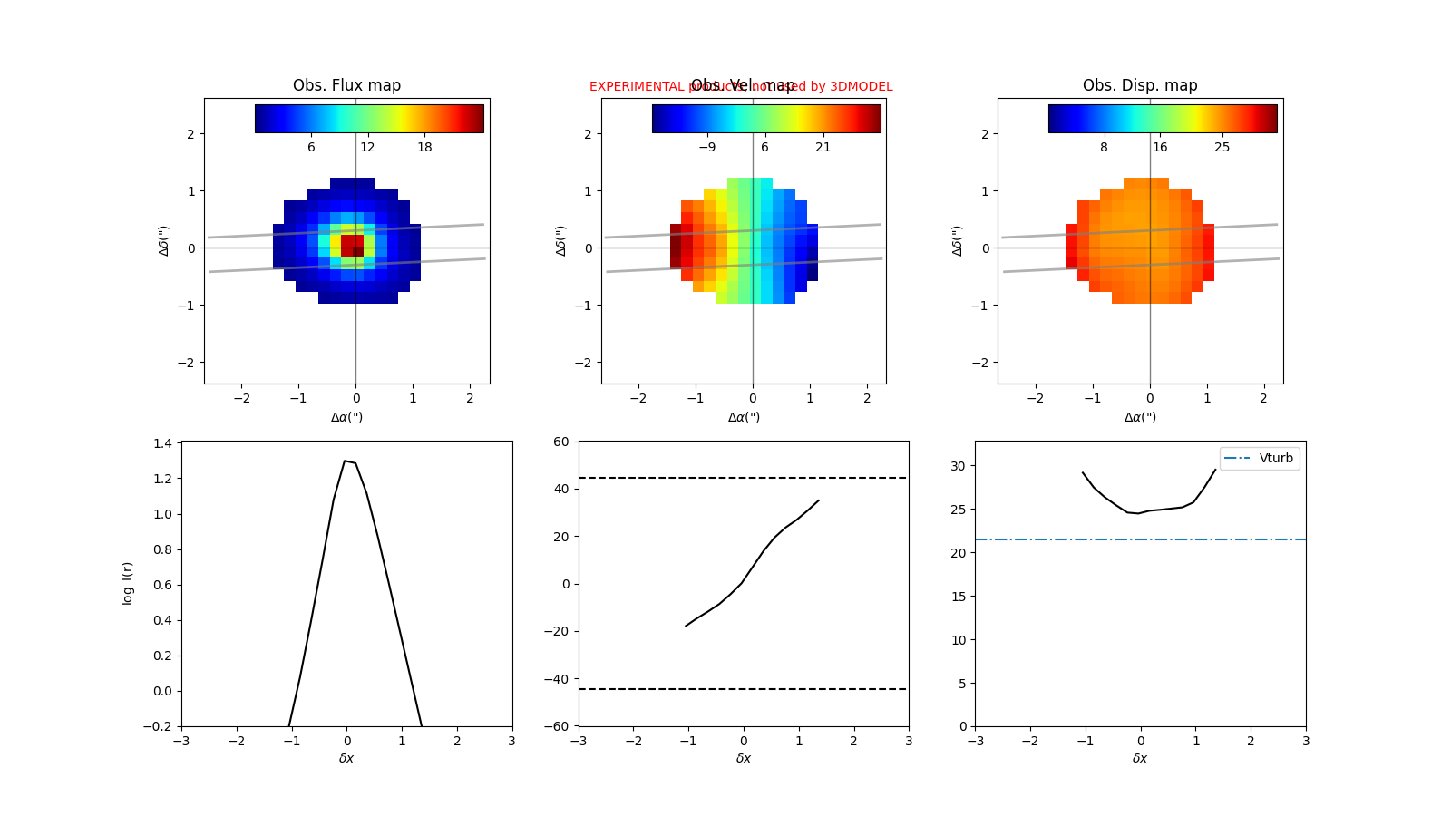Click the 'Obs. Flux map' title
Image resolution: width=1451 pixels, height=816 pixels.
(346, 85)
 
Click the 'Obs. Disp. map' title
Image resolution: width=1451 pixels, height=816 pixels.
(1140, 85)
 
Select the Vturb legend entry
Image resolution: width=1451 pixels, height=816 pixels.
(1261, 458)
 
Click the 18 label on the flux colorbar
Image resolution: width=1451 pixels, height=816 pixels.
(424, 147)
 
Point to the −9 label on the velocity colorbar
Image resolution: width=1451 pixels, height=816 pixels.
(706, 147)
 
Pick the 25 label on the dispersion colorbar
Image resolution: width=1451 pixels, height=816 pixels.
(1222, 147)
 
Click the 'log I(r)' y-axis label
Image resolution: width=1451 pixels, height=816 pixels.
(128, 583)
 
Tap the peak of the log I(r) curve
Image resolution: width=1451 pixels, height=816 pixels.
(345, 461)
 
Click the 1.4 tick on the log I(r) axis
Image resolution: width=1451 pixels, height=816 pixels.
(163, 443)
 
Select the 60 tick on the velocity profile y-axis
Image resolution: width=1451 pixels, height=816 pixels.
(561, 442)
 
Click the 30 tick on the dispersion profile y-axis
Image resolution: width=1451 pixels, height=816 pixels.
(958, 466)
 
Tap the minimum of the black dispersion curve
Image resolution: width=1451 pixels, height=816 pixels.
(1138, 513)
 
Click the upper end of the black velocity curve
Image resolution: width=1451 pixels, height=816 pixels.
(818, 500)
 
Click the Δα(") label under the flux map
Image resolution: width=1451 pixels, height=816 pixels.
(346, 417)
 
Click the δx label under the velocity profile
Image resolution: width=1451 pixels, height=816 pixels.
(744, 758)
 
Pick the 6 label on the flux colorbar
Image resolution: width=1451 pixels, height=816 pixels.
(311, 147)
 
